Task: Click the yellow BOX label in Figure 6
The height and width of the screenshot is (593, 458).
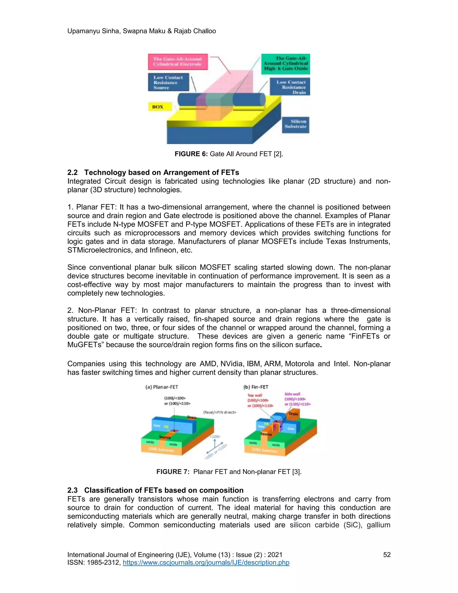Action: click(160, 107)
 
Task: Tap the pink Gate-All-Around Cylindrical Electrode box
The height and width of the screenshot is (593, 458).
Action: click(178, 62)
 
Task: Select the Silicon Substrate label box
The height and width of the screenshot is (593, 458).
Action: click(295, 124)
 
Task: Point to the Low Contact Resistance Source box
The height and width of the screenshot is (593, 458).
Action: click(168, 83)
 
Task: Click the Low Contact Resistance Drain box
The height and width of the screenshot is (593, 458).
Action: click(290, 87)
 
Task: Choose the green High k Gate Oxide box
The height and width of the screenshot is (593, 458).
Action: click(286, 64)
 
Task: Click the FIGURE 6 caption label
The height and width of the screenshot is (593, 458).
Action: click(191, 154)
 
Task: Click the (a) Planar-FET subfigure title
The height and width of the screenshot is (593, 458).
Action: click(162, 387)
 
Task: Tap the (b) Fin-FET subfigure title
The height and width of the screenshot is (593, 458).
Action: click(256, 387)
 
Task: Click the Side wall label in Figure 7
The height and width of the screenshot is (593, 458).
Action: click(292, 394)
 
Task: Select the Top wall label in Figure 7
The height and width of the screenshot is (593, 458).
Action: click(254, 395)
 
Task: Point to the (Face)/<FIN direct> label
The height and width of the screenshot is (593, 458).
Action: click(220, 412)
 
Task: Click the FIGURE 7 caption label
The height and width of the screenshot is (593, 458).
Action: click(173, 472)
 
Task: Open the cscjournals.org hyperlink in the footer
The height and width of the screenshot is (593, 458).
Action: click(206, 562)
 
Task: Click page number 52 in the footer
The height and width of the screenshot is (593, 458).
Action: click(387, 555)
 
